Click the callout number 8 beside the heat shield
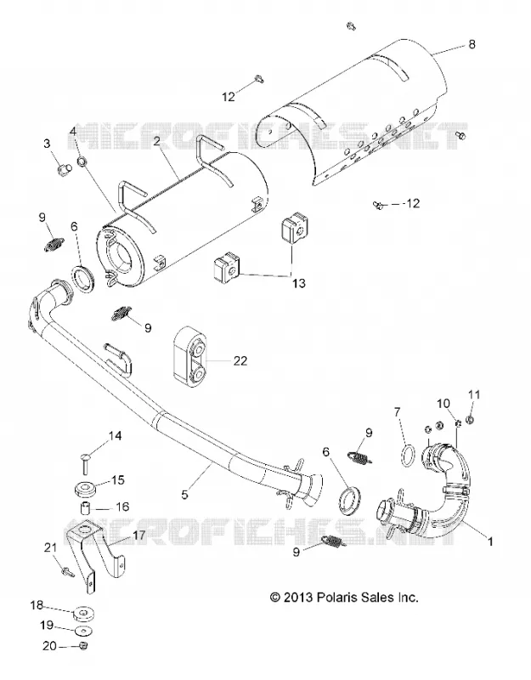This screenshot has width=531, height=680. (x=472, y=44)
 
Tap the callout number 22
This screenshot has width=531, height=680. (x=240, y=360)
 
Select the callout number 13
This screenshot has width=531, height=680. (x=299, y=283)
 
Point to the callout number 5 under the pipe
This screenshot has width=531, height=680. (x=185, y=495)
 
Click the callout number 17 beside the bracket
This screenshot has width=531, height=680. (x=138, y=535)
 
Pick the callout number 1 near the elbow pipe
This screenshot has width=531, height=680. (x=490, y=541)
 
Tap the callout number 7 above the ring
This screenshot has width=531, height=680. (x=398, y=411)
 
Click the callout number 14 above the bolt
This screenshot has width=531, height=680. (x=115, y=435)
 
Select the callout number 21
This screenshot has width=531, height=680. (x=51, y=547)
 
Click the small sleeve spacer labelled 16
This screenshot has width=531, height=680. (x=87, y=507)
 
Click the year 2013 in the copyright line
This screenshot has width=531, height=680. (x=298, y=598)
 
